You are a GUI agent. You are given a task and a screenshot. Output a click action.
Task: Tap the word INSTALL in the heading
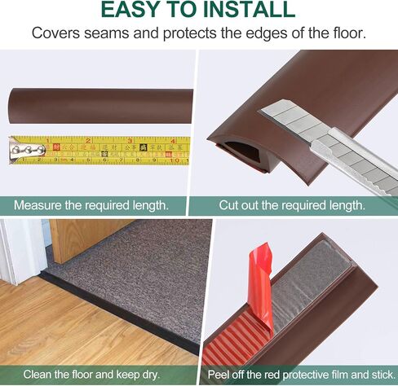coord(249,10)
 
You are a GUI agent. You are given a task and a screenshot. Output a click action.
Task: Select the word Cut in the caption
coord(230,205)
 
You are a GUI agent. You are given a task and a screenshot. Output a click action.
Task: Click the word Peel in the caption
coord(223,375)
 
